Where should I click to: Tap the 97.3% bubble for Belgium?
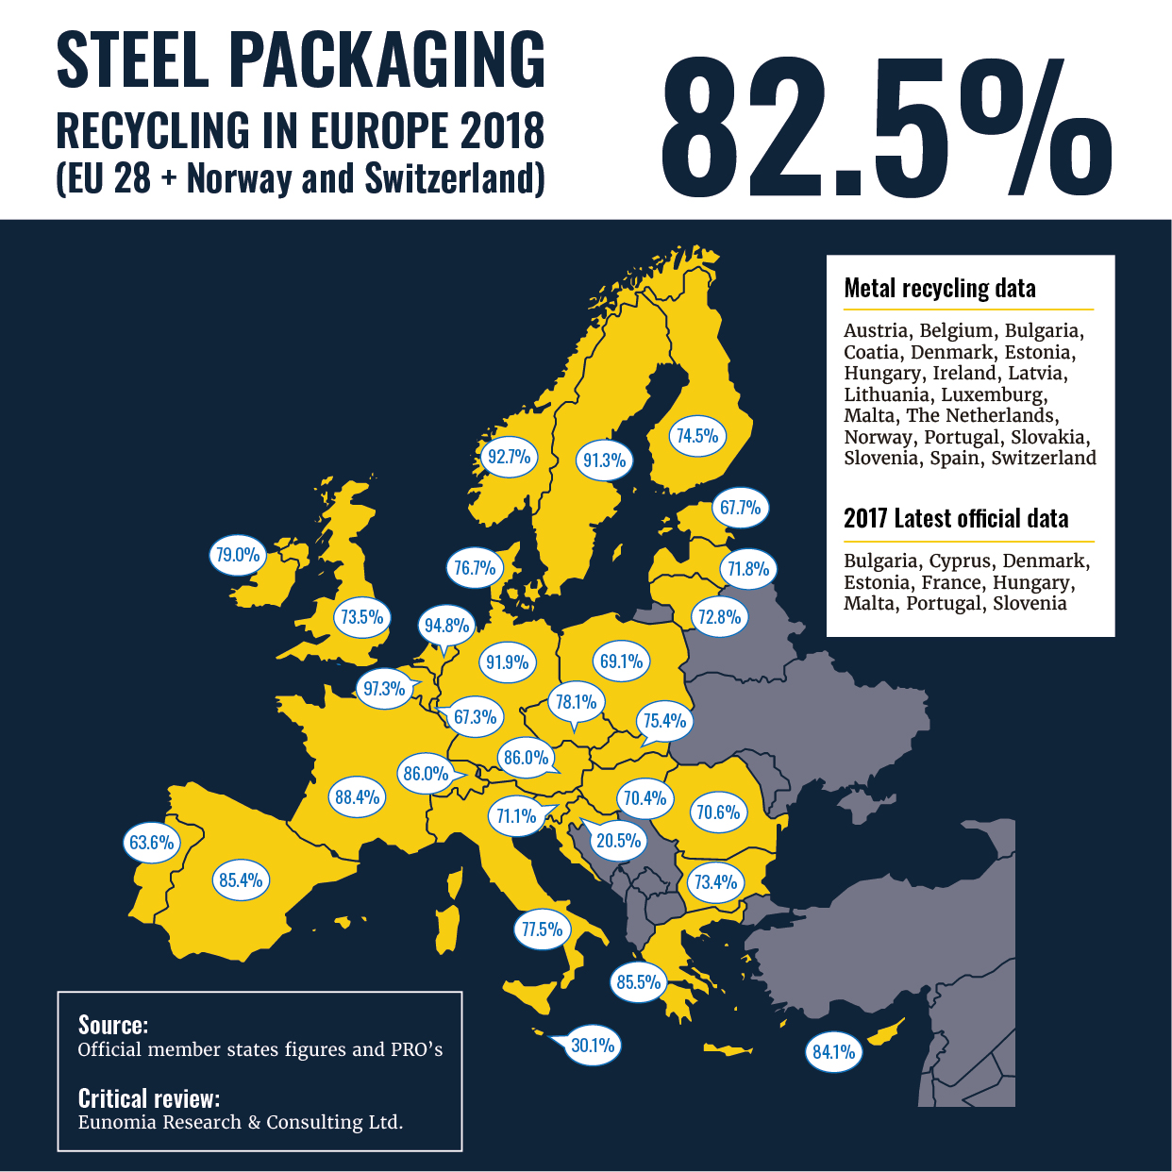[x=384, y=689]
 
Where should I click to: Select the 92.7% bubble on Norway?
[x=509, y=457]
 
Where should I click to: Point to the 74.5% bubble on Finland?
[x=697, y=436]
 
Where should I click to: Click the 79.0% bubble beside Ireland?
[x=237, y=555]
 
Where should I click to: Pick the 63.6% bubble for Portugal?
[x=151, y=842]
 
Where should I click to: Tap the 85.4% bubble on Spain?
[x=241, y=880]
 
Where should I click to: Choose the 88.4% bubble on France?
[x=358, y=797]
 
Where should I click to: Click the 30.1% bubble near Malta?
[x=593, y=1045]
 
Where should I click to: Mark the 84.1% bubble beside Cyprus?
[x=834, y=1051]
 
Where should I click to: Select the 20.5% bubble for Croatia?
[x=618, y=840]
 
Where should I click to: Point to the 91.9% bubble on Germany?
[x=508, y=662]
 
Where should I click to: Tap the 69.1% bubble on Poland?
[x=622, y=661]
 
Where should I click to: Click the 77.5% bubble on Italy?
[x=542, y=929]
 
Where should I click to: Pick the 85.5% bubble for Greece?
[x=639, y=982]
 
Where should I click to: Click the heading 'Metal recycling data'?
[x=940, y=289]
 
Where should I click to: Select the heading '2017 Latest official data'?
[x=956, y=519]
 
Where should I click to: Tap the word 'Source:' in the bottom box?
[x=113, y=1025]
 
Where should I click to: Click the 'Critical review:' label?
[x=149, y=1098]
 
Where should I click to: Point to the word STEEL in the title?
[x=132, y=60]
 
